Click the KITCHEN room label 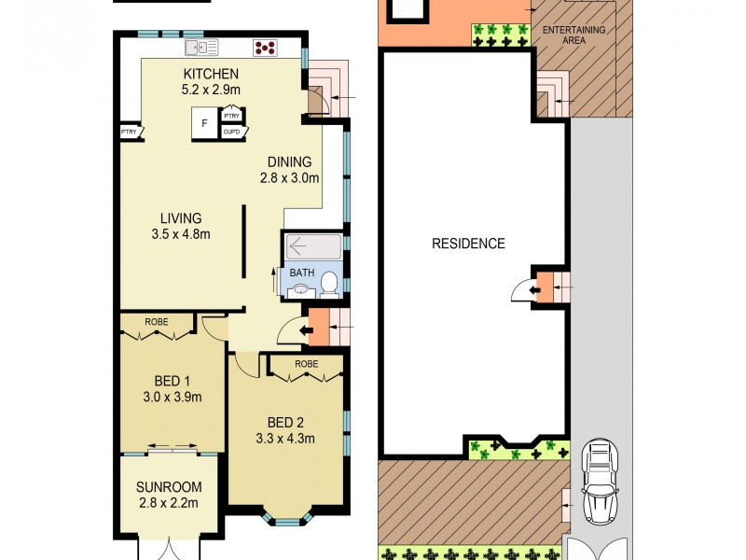(x=211, y=75)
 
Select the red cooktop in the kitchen (x=264, y=47)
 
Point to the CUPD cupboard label (x=231, y=133)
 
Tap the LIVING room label (x=180, y=218)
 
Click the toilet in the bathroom (x=329, y=281)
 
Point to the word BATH (x=301, y=273)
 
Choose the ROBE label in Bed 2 (x=306, y=363)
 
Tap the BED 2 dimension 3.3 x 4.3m (x=284, y=439)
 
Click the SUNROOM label (x=168, y=487)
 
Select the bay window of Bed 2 (x=287, y=513)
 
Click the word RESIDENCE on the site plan (x=468, y=244)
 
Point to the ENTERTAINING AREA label (x=574, y=35)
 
